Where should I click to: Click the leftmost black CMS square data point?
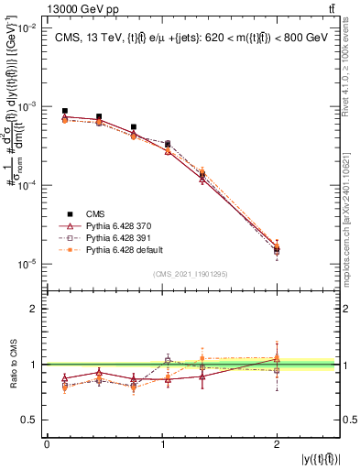pyautogui.click(x=64, y=111)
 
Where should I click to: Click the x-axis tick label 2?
pyautogui.click(x=277, y=443)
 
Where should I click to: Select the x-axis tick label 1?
pyautogui.click(x=162, y=443)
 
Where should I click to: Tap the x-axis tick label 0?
pyautogui.click(x=47, y=443)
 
